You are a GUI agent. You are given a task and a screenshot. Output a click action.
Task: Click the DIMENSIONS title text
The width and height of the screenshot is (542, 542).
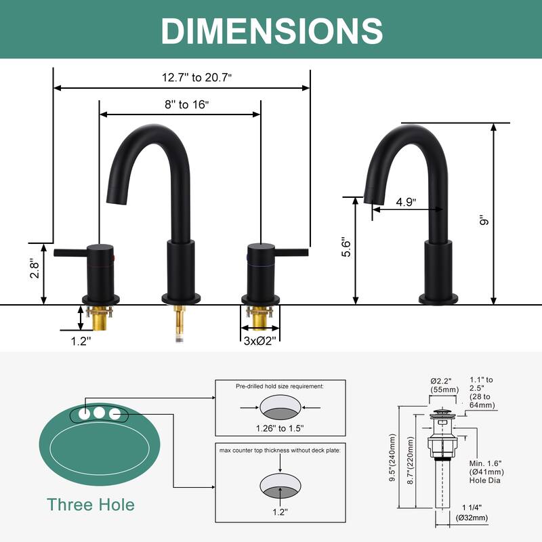pos(272,30)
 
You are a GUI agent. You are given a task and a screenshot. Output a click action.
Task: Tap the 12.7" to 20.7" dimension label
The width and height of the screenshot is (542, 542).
pos(196,77)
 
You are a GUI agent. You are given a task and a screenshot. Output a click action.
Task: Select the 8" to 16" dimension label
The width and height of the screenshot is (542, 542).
pos(187,104)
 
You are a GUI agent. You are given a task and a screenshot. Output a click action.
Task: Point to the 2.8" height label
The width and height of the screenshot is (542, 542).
pos(35,268)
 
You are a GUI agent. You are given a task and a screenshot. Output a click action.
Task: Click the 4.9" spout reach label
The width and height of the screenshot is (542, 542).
pos(406,202)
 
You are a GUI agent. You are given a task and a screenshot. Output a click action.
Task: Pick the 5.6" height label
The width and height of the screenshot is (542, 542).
pos(346,247)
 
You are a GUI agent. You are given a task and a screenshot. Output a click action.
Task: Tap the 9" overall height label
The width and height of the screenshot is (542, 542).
pos(484,220)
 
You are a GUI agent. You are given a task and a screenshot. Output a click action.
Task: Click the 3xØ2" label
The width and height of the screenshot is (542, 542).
pos(260,341)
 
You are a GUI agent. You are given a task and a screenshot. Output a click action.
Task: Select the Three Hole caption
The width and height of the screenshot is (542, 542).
pos(91,504)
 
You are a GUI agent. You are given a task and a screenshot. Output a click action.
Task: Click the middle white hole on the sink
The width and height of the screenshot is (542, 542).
pos(99,413)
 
